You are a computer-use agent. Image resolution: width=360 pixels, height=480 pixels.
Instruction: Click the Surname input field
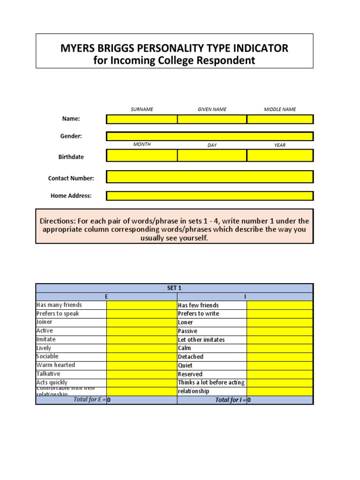pos(142,119)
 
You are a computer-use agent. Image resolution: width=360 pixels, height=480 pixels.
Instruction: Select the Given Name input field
pos(212,119)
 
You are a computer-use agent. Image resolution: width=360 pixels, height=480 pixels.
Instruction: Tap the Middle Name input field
pos(280,119)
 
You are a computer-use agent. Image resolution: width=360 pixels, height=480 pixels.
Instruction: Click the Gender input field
pos(210,136)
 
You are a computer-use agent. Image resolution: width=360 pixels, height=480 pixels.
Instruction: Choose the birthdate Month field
pos(142,155)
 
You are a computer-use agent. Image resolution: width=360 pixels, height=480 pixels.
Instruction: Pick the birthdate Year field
pos(280,155)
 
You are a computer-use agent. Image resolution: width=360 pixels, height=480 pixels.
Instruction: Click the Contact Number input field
pos(210,177)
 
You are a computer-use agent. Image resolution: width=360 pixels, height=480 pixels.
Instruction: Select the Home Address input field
pos(210,196)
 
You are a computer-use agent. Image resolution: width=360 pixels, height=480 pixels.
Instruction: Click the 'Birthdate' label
pos(71,157)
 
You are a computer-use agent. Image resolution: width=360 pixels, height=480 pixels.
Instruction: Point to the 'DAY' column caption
pos(212,145)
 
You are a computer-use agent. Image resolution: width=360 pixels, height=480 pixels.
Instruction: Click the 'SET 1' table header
pos(174,288)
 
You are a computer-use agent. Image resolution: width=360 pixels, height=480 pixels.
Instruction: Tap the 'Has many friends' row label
pos(59,305)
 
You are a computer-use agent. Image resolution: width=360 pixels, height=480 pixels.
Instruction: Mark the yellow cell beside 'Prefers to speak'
pos(142,314)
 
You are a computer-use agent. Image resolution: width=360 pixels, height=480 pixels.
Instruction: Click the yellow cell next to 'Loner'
pos(280,322)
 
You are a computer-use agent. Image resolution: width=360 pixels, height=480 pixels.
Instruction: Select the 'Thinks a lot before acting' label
pos(211,382)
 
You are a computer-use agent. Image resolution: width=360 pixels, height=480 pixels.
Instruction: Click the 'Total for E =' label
pos(89,400)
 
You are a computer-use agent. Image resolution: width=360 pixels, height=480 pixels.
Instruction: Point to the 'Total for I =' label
pos(230,400)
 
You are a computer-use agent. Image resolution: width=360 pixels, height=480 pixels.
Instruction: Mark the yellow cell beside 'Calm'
pos(280,348)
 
